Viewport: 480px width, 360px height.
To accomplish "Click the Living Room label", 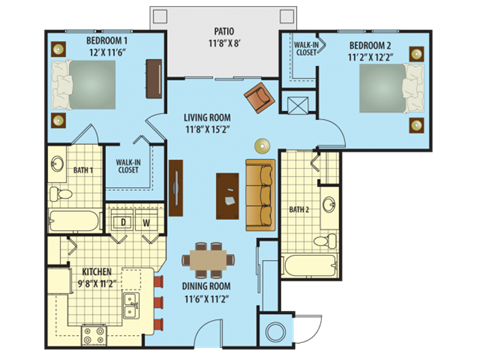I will point(208,116).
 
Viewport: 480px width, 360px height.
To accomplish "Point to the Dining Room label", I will point(206,286).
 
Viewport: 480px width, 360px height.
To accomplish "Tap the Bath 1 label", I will point(83,170).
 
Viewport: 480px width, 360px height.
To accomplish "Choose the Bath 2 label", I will point(298,209).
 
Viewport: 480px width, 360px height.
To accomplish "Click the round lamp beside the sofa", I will point(263,143).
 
